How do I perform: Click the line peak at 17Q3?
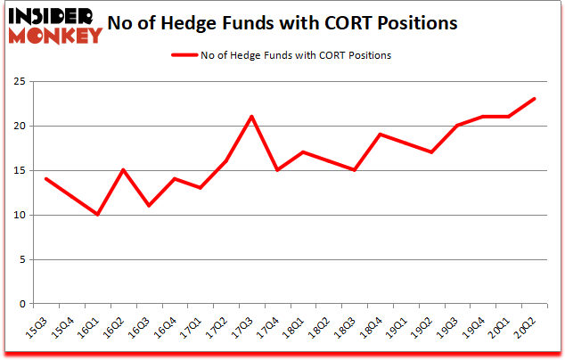click(x=252, y=117)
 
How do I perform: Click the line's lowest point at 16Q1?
click(x=96, y=215)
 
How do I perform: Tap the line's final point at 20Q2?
click(x=535, y=99)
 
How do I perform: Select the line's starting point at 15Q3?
click(x=45, y=179)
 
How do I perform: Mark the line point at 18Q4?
click(x=379, y=135)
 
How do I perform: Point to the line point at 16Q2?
click(x=122, y=170)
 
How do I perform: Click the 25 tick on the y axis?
click(x=20, y=81)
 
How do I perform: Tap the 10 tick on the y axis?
click(x=20, y=215)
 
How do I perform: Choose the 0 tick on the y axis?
click(x=22, y=304)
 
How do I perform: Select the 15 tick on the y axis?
click(x=20, y=170)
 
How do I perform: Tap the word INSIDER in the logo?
click(x=51, y=16)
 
